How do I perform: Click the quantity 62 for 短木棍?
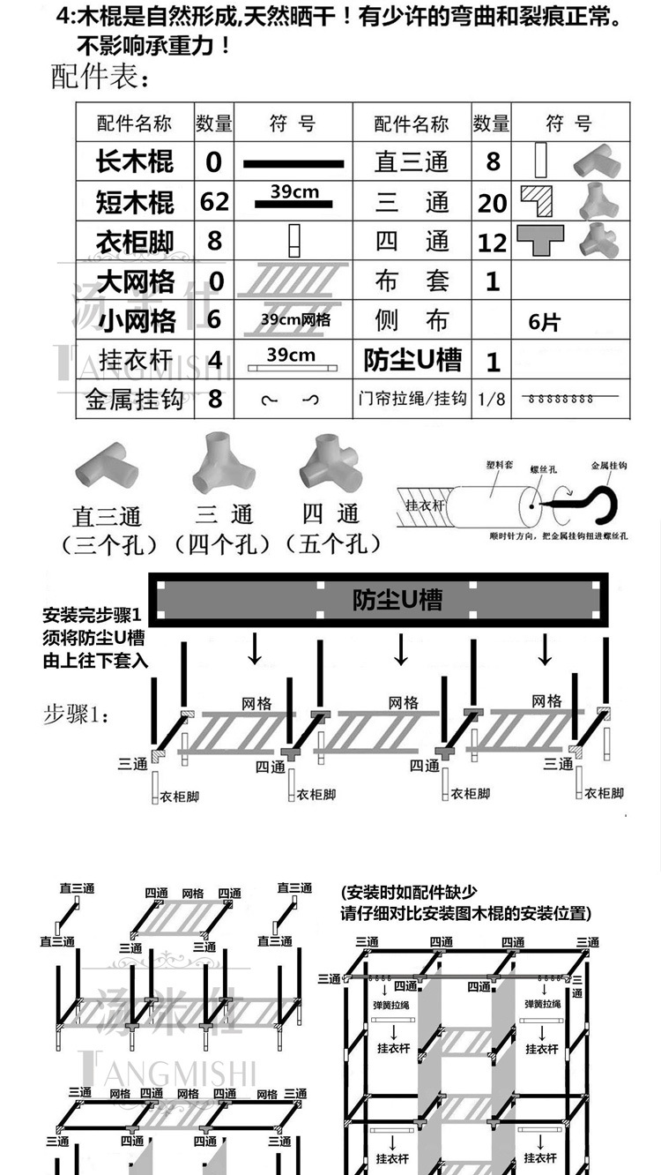point(214,202)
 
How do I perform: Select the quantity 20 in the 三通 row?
point(493,203)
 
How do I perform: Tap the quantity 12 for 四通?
point(493,242)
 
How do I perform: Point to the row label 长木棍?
point(135,162)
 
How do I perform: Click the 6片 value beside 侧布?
point(544,322)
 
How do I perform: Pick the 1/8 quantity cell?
point(492,399)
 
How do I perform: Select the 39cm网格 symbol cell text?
point(295,320)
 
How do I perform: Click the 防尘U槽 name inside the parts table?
point(412,360)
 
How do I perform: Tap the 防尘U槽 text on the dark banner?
point(397,600)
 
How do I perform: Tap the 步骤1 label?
point(78,714)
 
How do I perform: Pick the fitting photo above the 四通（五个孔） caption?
point(330,465)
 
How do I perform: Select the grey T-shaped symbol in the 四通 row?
point(540,239)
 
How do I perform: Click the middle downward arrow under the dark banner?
point(401,649)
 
